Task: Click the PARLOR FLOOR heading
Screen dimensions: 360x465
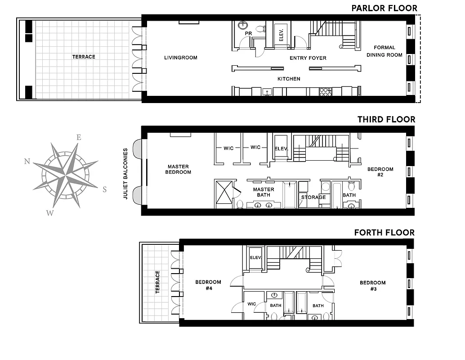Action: click(384, 8)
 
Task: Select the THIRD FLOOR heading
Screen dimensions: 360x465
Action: click(386, 120)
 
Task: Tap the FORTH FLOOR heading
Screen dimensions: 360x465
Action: click(385, 233)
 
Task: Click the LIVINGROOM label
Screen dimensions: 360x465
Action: click(180, 58)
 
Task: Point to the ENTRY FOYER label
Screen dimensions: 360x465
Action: click(308, 58)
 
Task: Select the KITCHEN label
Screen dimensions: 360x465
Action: click(289, 79)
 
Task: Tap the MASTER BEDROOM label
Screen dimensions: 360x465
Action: click(178, 169)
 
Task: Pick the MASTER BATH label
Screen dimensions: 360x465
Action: click(264, 192)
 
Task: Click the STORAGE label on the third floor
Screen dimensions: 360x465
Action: click(313, 197)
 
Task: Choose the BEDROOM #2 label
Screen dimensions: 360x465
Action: click(380, 172)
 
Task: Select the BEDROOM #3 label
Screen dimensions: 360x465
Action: click(372, 285)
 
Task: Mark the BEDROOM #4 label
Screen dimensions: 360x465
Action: click(208, 285)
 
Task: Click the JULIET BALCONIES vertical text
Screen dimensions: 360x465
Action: click(126, 174)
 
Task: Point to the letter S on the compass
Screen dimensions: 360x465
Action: click(104, 190)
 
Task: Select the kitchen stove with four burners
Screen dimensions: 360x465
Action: click(325, 92)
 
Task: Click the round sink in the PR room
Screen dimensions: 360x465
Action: click(243, 25)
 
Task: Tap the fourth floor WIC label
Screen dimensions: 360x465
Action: click(251, 304)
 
